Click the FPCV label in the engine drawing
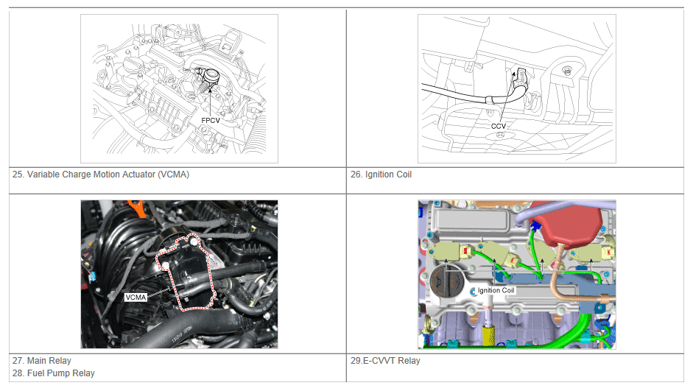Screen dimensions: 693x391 211,120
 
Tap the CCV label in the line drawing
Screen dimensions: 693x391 498,126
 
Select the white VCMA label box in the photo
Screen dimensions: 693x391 136,297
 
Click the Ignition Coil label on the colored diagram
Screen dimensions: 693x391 496,290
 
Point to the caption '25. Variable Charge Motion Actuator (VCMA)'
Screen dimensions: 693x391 101,175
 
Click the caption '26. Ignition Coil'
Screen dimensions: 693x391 381,175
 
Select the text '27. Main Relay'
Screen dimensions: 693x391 42,361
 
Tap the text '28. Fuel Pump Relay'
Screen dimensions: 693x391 54,373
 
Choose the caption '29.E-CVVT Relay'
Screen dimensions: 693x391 385,361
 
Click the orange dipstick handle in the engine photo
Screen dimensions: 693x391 137,208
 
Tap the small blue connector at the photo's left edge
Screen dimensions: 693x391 92,277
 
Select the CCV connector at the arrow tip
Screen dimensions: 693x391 521,79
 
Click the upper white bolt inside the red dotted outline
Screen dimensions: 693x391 193,242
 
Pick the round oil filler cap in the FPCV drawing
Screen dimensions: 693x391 131,66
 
